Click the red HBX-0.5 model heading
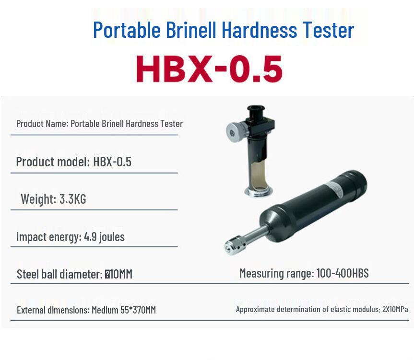click(x=209, y=69)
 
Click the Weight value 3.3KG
click(x=72, y=199)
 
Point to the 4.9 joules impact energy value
click(x=104, y=237)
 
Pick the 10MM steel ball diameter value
click(x=121, y=274)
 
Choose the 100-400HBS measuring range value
click(x=343, y=273)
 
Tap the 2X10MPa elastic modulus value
click(x=395, y=309)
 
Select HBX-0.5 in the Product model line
click(x=112, y=162)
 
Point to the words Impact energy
click(x=48, y=237)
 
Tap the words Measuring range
click(x=276, y=274)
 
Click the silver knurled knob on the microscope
click(x=234, y=133)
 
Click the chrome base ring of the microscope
click(x=259, y=191)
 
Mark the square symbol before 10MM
click(x=107, y=275)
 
